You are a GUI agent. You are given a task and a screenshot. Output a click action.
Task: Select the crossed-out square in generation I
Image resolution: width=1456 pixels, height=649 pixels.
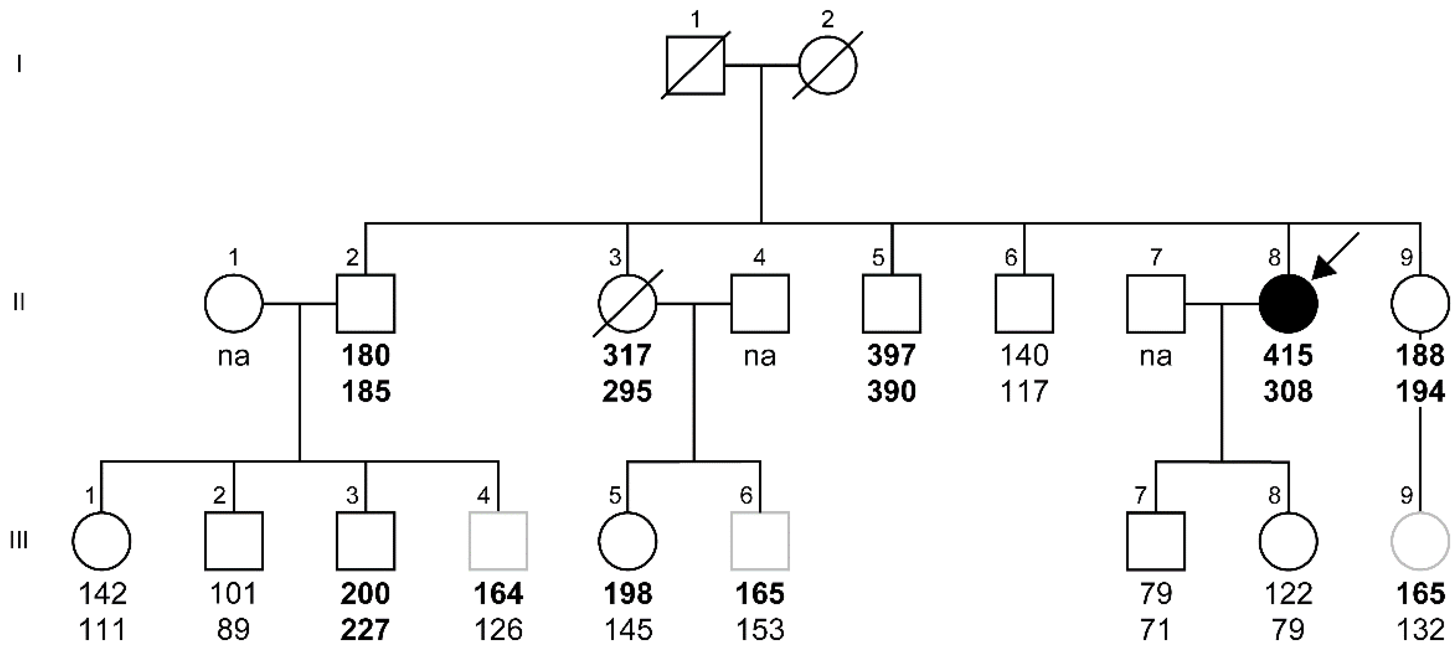[x=695, y=65]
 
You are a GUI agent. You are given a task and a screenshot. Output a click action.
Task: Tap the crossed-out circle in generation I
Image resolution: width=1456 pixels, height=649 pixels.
[x=828, y=65]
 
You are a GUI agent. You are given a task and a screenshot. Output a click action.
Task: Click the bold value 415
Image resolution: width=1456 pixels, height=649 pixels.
[x=1288, y=356]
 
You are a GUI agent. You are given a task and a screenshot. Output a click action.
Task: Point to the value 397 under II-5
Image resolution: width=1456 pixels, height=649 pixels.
[x=891, y=356]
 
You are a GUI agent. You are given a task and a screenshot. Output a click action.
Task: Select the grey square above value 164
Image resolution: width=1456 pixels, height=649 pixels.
[x=498, y=541]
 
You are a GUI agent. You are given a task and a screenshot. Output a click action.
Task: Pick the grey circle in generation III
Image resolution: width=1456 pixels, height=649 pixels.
[x=1420, y=541]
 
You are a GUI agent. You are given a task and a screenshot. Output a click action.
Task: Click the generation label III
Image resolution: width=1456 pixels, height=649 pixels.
[x=19, y=541]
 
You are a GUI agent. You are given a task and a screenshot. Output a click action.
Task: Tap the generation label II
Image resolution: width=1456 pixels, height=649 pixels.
[x=19, y=303]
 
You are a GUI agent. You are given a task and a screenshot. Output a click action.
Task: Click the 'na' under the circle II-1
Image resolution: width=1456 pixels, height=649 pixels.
[x=233, y=356]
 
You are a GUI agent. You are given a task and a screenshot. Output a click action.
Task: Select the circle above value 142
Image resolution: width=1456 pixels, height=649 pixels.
[x=102, y=541]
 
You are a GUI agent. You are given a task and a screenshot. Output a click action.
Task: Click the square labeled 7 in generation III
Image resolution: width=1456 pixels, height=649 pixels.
[x=1155, y=541]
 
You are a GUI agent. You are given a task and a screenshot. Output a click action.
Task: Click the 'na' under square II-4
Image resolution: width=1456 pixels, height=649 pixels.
[x=759, y=356]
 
